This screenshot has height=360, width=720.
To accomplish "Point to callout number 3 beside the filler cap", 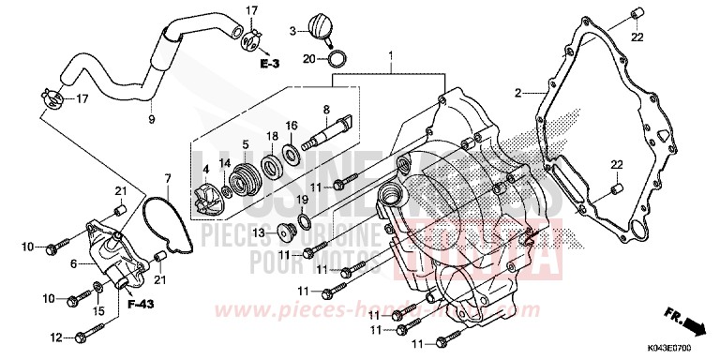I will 292,31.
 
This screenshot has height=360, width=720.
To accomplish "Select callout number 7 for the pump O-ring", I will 167,178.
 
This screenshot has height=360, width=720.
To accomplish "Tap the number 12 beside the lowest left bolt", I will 55,337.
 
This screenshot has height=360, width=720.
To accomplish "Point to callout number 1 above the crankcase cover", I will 391,57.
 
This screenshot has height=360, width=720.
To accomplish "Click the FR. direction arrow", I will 690,324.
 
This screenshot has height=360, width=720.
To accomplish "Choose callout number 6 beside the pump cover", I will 74,265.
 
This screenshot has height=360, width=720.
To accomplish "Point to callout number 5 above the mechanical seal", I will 245,144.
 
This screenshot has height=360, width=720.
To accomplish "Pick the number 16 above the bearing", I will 292,126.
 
